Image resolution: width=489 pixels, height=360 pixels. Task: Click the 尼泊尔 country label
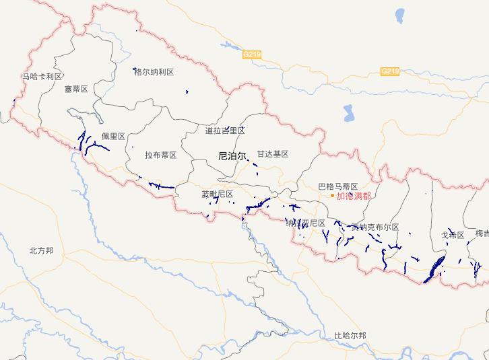tap(233, 155)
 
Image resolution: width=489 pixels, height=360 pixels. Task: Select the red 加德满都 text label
tap(354, 196)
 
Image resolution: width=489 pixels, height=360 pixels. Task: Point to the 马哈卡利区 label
tap(42, 77)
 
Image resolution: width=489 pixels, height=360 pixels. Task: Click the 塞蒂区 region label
tap(76, 89)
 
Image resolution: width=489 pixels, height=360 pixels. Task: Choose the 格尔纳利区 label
tap(154, 72)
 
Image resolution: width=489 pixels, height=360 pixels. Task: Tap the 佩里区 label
tap(113, 137)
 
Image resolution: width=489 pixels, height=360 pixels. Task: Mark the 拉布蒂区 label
tap(160, 155)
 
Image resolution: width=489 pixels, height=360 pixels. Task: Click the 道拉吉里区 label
tap(225, 130)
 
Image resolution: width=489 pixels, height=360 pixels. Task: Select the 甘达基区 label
tap(272, 154)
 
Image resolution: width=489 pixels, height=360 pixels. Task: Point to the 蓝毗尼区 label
tap(217, 194)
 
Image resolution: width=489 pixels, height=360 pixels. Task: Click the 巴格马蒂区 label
tap(337, 186)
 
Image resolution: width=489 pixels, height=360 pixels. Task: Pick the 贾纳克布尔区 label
tap(374, 227)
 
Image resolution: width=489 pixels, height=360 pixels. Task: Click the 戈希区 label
tap(453, 235)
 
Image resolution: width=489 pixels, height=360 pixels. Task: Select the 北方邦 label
tap(41, 250)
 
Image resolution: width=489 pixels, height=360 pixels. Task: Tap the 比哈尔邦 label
tap(350, 335)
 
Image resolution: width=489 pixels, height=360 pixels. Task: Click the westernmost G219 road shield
tap(252, 53)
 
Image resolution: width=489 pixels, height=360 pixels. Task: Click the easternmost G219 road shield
tap(390, 71)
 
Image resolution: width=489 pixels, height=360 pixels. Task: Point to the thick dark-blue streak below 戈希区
tap(434, 268)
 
